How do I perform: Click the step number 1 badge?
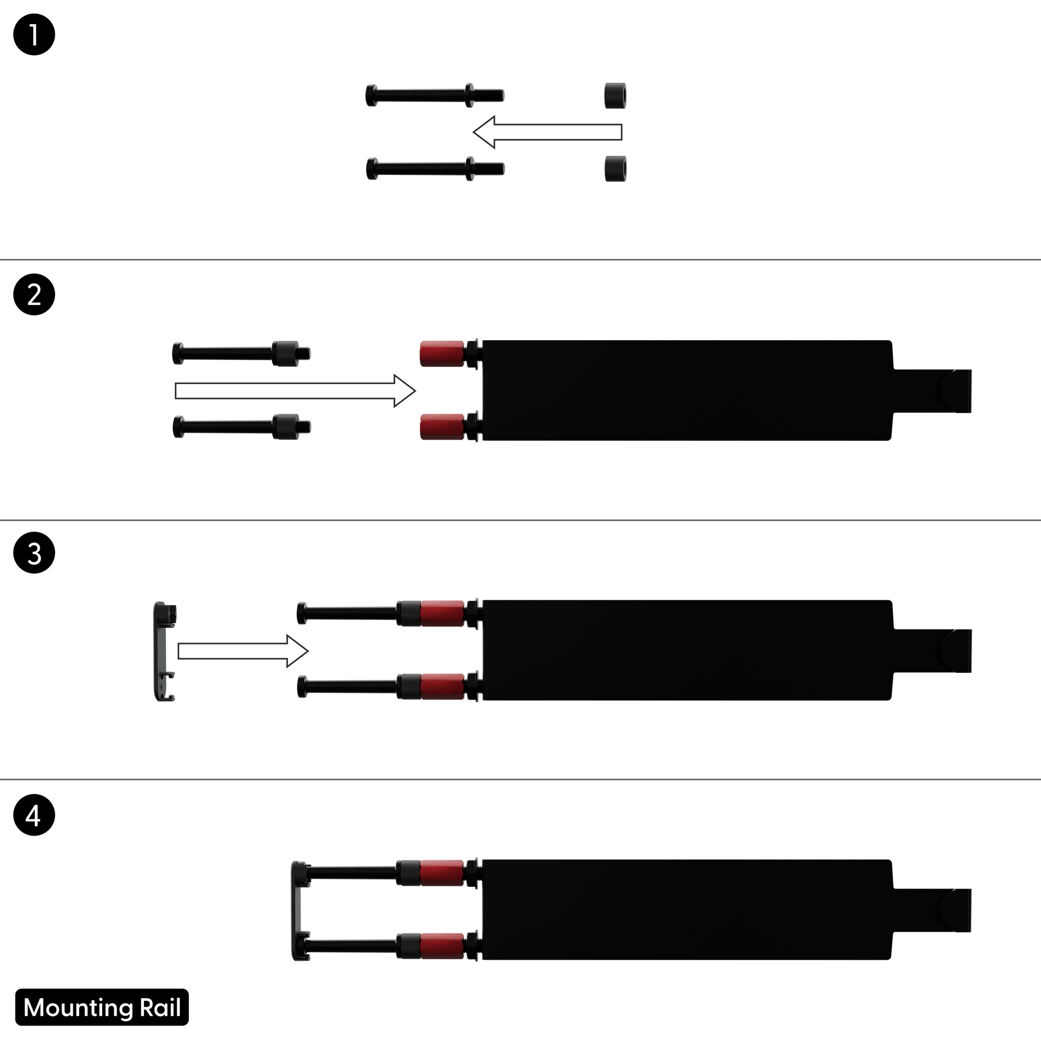tap(34, 35)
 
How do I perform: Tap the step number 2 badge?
tap(34, 295)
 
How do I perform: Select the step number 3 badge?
tap(34, 553)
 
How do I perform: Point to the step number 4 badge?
tap(34, 815)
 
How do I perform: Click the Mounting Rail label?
tap(102, 1007)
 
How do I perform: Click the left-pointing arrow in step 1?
tap(547, 132)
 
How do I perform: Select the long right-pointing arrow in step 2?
tap(295, 391)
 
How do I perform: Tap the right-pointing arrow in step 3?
tap(243, 652)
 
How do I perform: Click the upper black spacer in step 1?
tap(615, 96)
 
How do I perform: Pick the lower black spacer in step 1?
tap(615, 169)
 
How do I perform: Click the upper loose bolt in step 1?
tap(435, 95)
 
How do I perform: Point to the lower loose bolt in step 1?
tap(435, 169)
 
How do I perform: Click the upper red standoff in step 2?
tap(442, 354)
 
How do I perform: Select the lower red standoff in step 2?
tap(442, 427)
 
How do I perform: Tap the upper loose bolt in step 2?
tap(241, 354)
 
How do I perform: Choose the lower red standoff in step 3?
tap(442, 686)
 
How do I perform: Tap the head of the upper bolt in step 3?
tap(302, 613)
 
